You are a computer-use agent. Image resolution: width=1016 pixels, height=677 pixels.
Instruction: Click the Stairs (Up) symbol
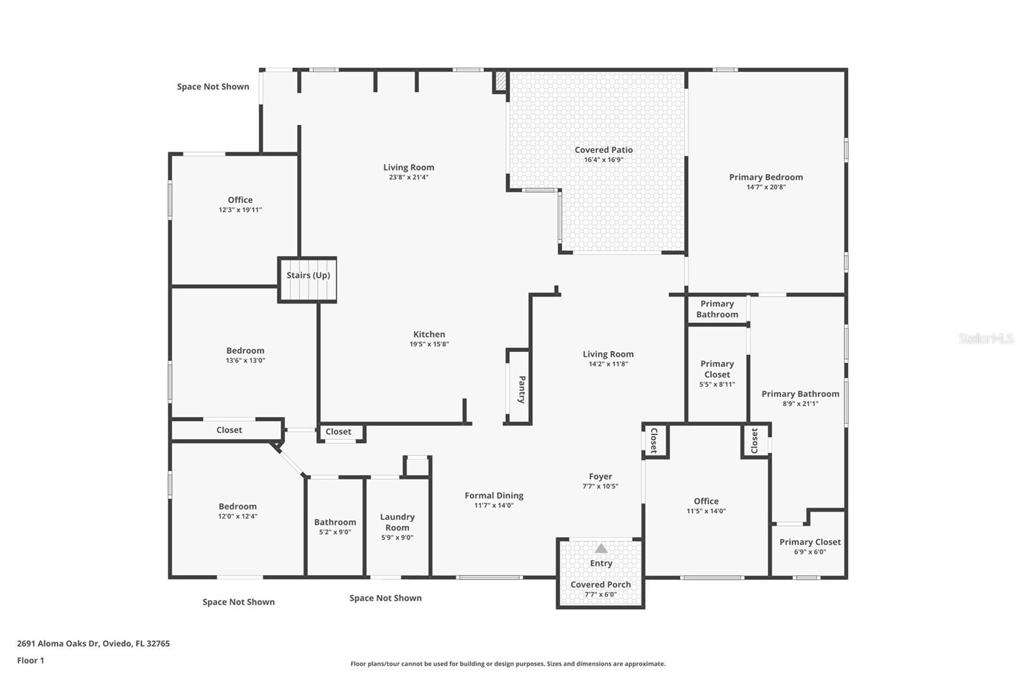[x=307, y=280]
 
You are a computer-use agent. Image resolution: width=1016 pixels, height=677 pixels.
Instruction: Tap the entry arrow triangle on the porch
[x=601, y=548]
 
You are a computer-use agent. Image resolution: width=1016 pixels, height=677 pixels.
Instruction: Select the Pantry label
[x=521, y=389]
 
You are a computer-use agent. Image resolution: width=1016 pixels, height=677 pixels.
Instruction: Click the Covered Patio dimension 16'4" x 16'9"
[x=603, y=160]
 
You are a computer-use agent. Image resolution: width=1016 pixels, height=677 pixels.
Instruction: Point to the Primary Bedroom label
[x=766, y=177]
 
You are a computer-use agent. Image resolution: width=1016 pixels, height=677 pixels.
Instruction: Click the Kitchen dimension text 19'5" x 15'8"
[x=429, y=344]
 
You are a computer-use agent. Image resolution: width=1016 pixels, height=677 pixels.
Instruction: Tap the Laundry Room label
[x=397, y=522]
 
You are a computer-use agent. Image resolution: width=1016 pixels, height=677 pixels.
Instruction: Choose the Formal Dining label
[x=494, y=495]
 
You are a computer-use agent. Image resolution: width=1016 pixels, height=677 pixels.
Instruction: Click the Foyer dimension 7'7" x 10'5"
[x=600, y=486]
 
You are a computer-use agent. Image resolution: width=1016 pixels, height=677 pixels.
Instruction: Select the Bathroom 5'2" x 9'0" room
[x=335, y=526]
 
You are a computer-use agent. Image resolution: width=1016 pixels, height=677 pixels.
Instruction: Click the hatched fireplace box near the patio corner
[x=500, y=81]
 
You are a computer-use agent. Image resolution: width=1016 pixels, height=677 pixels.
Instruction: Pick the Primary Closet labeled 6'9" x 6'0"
[x=810, y=546]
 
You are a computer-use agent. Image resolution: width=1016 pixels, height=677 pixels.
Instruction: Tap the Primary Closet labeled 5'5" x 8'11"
[x=717, y=373]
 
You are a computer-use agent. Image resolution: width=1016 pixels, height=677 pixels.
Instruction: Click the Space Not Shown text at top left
[x=213, y=86]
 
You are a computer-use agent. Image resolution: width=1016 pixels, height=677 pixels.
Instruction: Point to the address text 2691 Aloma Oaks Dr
[x=93, y=643]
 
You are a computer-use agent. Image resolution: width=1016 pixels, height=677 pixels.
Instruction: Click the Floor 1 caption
[x=30, y=660]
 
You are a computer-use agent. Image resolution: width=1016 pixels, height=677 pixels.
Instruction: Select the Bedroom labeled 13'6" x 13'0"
[x=245, y=355]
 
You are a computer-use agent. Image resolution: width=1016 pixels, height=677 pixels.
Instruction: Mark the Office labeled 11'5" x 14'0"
[x=705, y=506]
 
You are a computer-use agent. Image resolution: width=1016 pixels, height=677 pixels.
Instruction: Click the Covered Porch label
[x=600, y=584]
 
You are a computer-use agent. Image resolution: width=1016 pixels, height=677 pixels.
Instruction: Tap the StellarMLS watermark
[x=986, y=338]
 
